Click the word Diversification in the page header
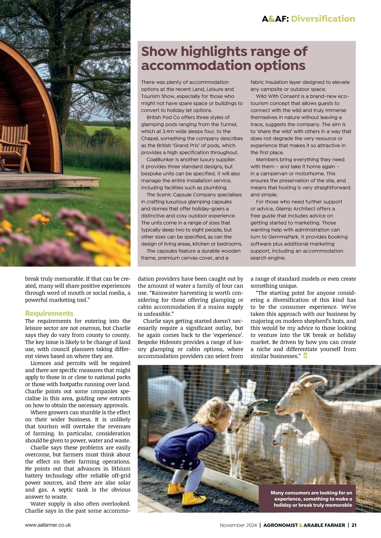(323, 19)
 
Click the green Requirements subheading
(49, 313)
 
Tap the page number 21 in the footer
(354, 525)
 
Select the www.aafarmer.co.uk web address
(48, 525)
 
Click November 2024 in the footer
(238, 525)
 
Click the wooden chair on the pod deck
(14, 146)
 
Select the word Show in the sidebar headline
(159, 51)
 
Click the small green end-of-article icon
(305, 356)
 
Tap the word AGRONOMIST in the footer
(281, 525)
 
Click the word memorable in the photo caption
(337, 505)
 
